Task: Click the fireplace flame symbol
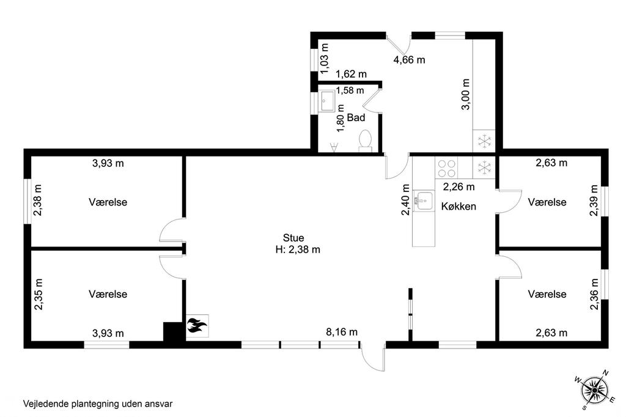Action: tap(197, 325)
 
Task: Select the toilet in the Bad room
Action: tap(366, 141)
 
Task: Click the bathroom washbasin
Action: tap(328, 101)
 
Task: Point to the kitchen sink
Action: tap(424, 201)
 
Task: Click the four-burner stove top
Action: tap(446, 168)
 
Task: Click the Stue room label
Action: tap(293, 238)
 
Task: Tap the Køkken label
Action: tap(458, 207)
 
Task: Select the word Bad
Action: tap(356, 117)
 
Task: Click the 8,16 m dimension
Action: tap(342, 332)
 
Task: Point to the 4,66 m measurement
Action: tap(409, 60)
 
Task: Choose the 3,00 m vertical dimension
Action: tap(465, 94)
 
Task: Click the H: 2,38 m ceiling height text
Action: tap(298, 249)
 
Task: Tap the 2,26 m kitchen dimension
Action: tap(458, 186)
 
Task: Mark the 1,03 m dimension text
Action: tap(325, 59)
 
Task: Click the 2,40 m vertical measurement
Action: tap(406, 199)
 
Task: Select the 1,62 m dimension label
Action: tap(352, 75)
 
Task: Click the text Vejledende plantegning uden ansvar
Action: tap(98, 404)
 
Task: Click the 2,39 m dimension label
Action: tap(594, 200)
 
